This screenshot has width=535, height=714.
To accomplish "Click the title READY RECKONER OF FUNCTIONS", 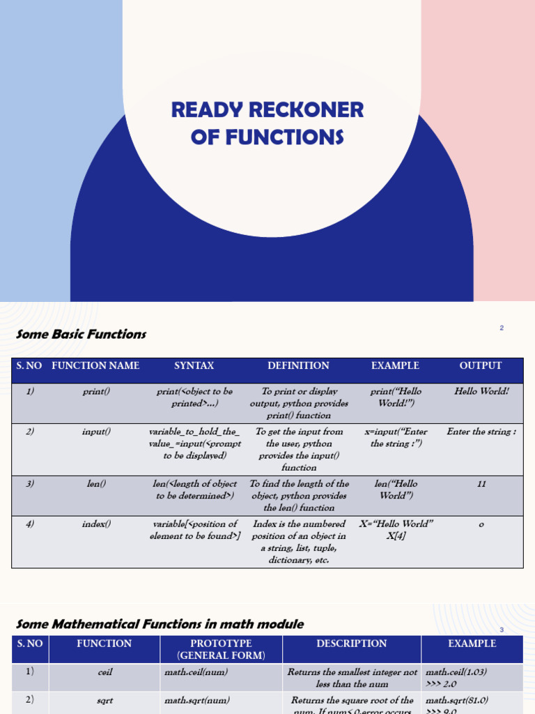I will point(267,123).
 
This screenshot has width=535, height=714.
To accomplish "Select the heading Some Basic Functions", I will point(81,334).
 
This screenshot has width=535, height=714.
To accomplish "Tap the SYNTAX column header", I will point(194,365).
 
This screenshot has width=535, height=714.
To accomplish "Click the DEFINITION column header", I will point(298,365).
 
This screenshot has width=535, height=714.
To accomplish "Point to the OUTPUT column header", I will point(481,365).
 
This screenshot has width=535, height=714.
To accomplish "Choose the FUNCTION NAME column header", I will point(95,365).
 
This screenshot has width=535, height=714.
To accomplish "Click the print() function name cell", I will point(96,391).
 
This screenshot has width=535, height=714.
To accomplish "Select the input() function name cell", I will point(96,432).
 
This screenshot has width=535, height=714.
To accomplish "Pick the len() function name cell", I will point(96,483).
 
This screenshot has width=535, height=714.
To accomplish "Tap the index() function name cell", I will point(96,524).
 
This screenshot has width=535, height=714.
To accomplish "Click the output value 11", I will point(481,483).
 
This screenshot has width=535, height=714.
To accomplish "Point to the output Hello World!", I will point(481,391).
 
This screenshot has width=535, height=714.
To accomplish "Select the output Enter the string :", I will point(481,432).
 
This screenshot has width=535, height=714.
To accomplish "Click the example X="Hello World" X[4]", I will point(396,530).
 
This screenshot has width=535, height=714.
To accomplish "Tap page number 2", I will point(502,328).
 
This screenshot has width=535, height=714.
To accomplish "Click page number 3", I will point(502,630).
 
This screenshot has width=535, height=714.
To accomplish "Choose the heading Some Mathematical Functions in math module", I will point(160,624).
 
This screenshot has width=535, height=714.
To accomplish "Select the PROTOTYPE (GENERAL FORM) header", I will point(221,649).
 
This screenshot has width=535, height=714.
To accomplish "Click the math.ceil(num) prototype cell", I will point(196,672).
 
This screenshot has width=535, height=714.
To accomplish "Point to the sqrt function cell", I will point(104,700).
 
